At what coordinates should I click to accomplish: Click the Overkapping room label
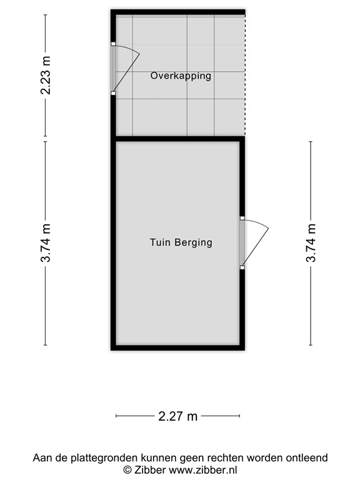(x=181, y=76)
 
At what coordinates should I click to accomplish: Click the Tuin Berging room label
(x=181, y=242)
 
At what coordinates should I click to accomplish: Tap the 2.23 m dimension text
(x=46, y=75)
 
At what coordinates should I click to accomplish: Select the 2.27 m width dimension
(x=179, y=416)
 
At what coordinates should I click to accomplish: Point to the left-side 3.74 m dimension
(x=46, y=242)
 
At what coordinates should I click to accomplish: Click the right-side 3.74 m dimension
(x=311, y=242)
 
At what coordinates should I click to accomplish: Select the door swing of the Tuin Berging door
(x=257, y=241)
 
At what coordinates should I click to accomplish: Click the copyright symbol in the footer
(x=127, y=469)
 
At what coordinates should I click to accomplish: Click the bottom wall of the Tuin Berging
(x=177, y=347)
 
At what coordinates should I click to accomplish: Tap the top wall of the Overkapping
(x=177, y=12)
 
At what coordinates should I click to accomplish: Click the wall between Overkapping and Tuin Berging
(x=177, y=138)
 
